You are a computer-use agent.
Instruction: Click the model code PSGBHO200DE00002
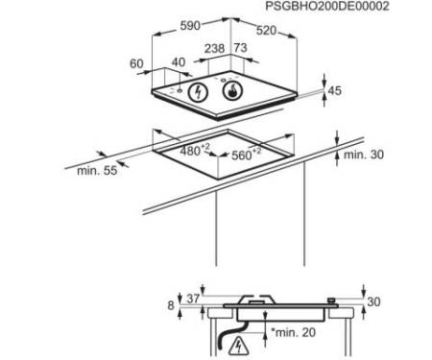click(x=327, y=7)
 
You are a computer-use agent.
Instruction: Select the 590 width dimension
click(x=190, y=26)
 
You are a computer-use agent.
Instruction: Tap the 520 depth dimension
click(x=266, y=31)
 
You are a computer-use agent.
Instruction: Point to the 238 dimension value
click(x=214, y=49)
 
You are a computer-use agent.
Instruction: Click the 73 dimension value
click(x=240, y=48)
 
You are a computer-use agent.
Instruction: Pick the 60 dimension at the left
click(x=136, y=64)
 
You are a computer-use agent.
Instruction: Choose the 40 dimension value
click(x=179, y=62)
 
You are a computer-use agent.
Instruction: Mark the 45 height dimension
click(x=334, y=91)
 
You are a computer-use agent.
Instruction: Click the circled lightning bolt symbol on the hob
click(x=198, y=92)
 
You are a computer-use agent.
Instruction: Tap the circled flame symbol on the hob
click(x=232, y=91)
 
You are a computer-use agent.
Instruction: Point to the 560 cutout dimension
click(x=246, y=155)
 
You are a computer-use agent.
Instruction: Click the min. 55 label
click(x=97, y=171)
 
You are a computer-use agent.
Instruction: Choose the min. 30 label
click(x=364, y=155)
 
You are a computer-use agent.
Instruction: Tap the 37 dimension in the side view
click(x=193, y=299)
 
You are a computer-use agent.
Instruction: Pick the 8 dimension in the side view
click(x=171, y=305)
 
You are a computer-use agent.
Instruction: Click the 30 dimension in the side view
click(x=373, y=301)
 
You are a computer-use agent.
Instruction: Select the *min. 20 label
click(x=293, y=332)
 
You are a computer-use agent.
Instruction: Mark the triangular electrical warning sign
click(x=238, y=346)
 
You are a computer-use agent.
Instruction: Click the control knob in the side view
click(x=331, y=300)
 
